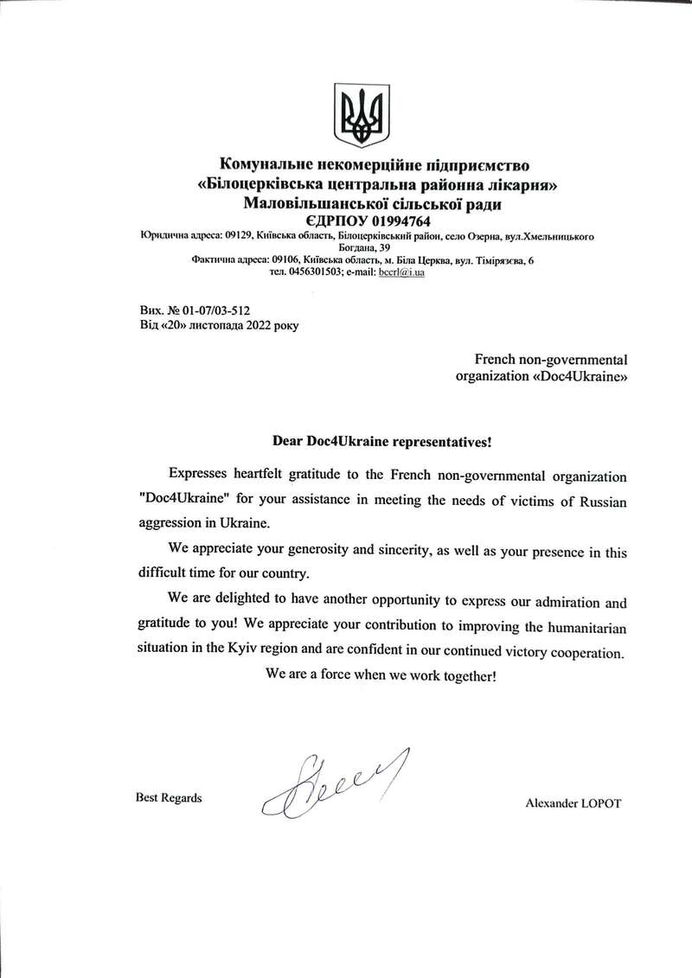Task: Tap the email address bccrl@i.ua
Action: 402,272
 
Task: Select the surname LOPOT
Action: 599,803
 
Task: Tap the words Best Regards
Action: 169,797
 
